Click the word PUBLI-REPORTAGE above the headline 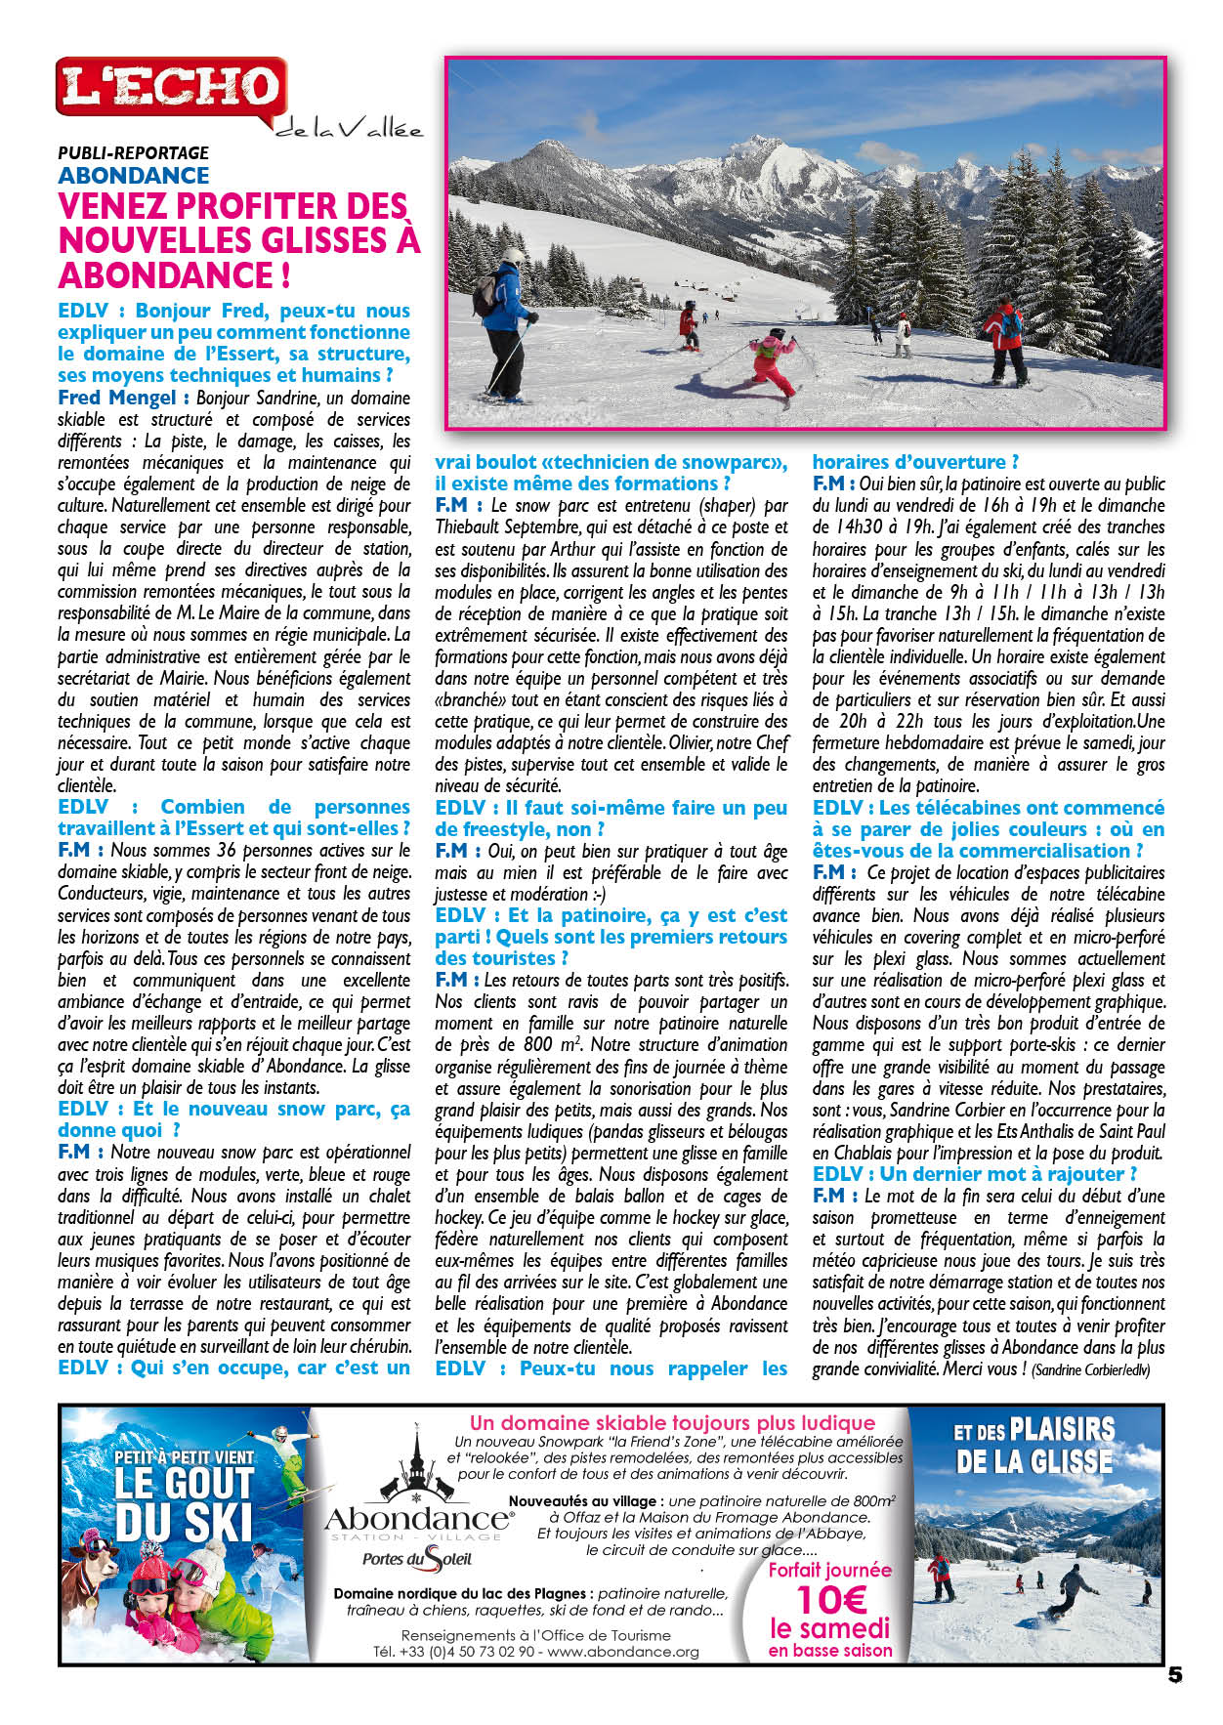[133, 152]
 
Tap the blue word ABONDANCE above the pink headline [133, 176]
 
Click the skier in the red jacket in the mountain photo [1005, 337]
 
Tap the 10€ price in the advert [830, 1600]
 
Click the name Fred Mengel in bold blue [116, 398]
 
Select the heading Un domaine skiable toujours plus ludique [672, 1422]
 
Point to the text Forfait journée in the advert [829, 1570]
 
